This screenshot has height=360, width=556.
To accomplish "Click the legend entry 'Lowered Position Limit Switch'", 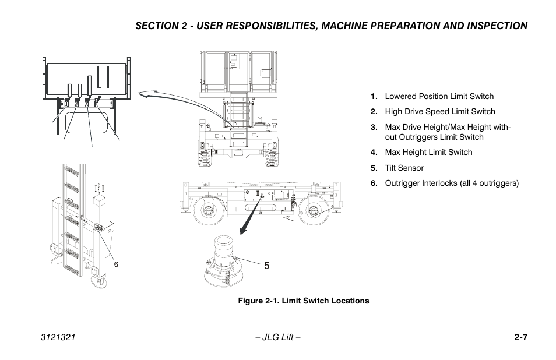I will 439,97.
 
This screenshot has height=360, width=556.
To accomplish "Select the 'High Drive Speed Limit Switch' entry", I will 439,112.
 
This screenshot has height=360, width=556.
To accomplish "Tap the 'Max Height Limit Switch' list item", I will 428,153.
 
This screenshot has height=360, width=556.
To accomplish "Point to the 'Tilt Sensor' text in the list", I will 404,168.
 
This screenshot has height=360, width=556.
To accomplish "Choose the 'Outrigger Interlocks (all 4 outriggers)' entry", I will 451,183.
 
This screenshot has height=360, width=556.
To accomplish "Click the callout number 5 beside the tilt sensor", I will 266,266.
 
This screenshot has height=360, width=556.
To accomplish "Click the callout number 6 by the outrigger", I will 116,264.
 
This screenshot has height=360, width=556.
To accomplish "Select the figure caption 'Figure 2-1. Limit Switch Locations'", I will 302,301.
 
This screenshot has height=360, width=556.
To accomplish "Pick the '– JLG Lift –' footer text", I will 277,338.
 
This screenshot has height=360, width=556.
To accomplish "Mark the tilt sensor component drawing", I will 224,262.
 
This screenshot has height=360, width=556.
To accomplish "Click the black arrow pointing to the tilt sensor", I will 248,219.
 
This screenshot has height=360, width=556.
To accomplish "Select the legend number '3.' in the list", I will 374,128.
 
